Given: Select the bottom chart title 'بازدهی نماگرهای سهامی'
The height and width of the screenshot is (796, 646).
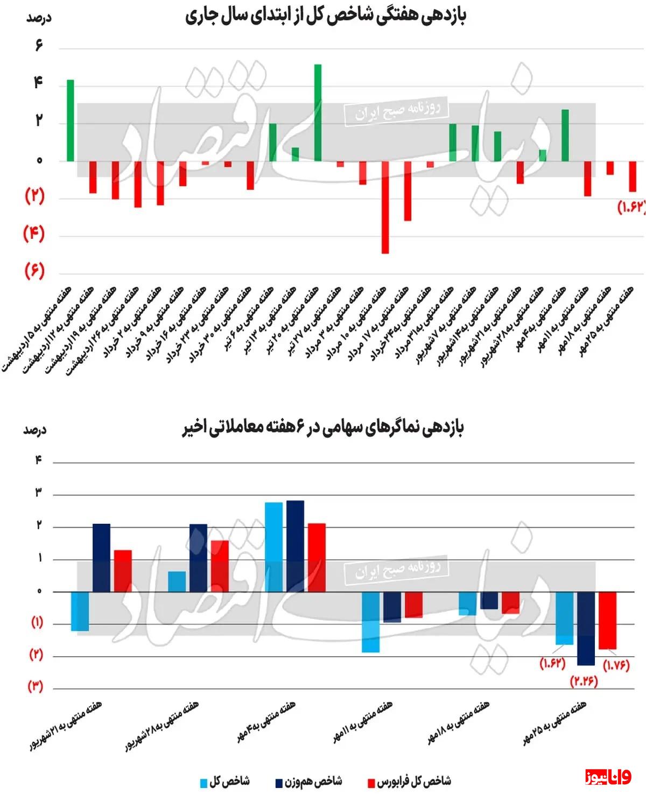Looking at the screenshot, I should click(x=323, y=427).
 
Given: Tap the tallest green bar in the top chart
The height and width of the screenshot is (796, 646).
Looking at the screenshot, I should click(x=318, y=112).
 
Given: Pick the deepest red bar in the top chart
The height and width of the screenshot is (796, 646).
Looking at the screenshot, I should click(x=385, y=207).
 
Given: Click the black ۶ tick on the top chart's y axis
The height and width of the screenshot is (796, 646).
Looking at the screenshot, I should click(x=39, y=45).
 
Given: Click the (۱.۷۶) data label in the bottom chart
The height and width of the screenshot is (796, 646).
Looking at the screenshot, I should click(x=616, y=665).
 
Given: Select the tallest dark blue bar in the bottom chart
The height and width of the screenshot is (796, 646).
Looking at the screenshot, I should click(x=295, y=546).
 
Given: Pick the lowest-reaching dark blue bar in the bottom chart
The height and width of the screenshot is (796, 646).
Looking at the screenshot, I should click(x=586, y=628).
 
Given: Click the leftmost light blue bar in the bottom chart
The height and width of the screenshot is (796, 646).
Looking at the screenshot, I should click(x=80, y=611).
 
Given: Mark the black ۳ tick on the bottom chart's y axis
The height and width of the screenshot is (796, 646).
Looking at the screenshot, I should click(x=38, y=493).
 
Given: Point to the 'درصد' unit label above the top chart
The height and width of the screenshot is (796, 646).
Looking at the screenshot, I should click(x=38, y=18).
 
